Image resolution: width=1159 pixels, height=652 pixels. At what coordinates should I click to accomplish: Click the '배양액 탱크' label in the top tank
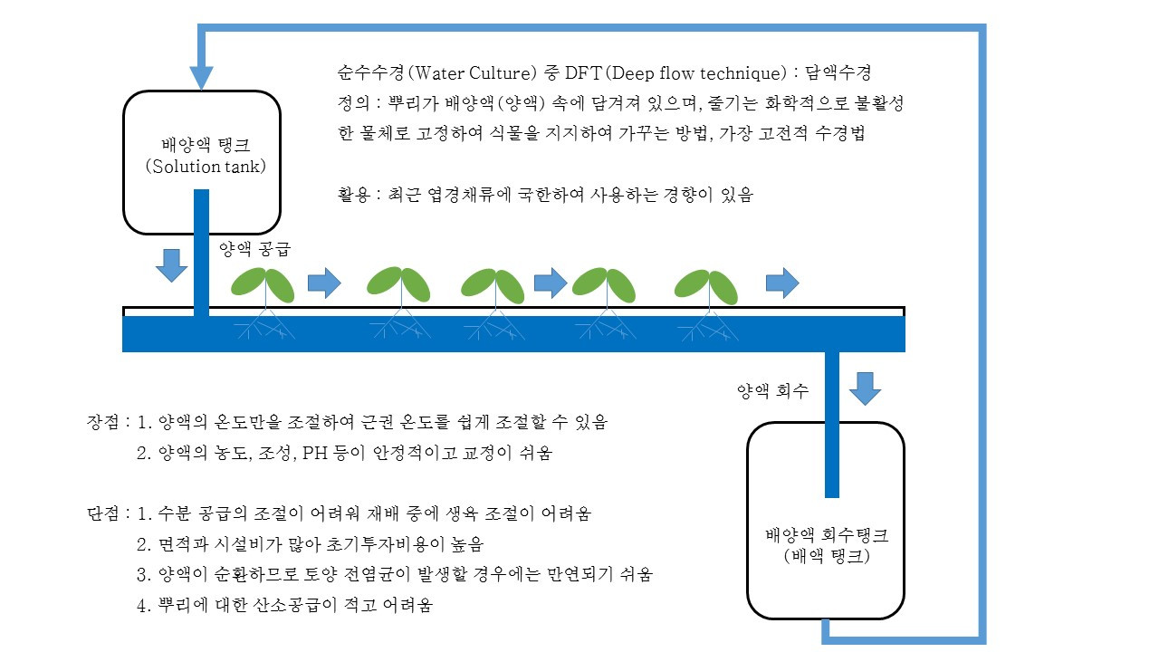(206, 144)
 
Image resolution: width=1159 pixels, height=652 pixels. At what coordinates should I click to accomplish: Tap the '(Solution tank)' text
(206, 167)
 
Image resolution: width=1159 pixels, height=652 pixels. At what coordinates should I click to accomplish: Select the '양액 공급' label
(255, 249)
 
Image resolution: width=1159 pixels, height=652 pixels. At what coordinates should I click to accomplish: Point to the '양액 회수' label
(772, 390)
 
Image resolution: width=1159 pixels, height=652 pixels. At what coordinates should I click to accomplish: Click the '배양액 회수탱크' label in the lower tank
(827, 534)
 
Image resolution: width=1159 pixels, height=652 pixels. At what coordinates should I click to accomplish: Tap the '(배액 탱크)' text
(827, 557)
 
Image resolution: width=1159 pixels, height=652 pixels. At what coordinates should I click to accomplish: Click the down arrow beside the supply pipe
(171, 265)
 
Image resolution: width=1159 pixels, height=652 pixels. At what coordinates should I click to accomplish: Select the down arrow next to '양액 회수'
(865, 388)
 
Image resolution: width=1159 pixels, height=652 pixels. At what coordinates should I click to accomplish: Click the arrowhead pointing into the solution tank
(201, 78)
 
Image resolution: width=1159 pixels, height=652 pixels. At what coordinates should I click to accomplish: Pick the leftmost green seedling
(263, 284)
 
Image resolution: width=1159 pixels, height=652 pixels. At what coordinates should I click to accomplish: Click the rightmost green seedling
(706, 287)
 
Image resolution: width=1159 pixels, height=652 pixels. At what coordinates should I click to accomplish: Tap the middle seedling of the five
(493, 285)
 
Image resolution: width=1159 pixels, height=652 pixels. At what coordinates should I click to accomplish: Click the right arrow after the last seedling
(782, 283)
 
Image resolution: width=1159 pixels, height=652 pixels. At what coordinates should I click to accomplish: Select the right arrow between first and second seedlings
(324, 283)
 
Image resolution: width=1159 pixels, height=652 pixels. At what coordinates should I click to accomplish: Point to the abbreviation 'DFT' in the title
(583, 73)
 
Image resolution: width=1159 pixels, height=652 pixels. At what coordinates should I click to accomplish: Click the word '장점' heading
(103, 422)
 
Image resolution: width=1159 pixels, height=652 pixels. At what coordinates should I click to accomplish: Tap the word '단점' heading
(103, 513)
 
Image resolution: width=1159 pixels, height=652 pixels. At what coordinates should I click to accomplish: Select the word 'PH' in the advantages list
(315, 454)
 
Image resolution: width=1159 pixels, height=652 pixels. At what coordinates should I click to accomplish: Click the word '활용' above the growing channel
(354, 195)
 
